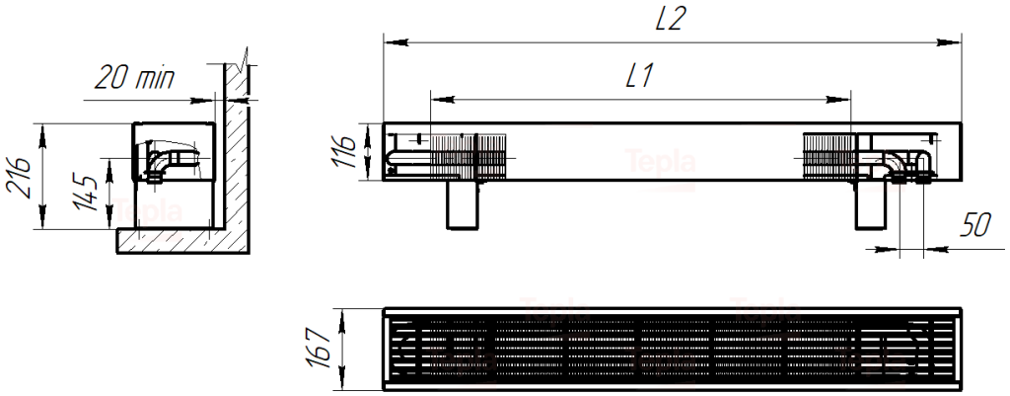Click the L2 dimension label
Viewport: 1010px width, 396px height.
point(670,20)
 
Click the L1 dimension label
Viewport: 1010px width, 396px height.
point(640,77)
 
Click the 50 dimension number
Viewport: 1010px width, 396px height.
point(975,225)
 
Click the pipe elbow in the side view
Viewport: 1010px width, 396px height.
point(157,163)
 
